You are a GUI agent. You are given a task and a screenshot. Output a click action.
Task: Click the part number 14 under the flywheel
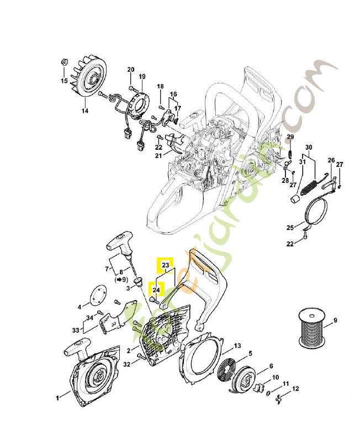click(85, 110)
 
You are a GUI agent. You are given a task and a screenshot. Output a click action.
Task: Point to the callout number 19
click(142, 76)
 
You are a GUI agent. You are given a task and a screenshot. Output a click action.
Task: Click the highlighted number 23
click(165, 266)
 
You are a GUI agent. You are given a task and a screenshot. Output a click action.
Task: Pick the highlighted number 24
click(157, 289)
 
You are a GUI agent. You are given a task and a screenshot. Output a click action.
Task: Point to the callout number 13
click(237, 346)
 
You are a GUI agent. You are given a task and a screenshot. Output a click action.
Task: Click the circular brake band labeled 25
click(316, 213)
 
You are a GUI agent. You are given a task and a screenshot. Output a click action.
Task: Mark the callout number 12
click(295, 389)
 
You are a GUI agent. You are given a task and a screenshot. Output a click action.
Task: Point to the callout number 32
click(127, 364)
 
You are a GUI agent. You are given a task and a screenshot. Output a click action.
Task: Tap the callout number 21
click(158, 155)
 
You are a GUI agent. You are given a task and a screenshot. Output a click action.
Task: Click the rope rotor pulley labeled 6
click(247, 377)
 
